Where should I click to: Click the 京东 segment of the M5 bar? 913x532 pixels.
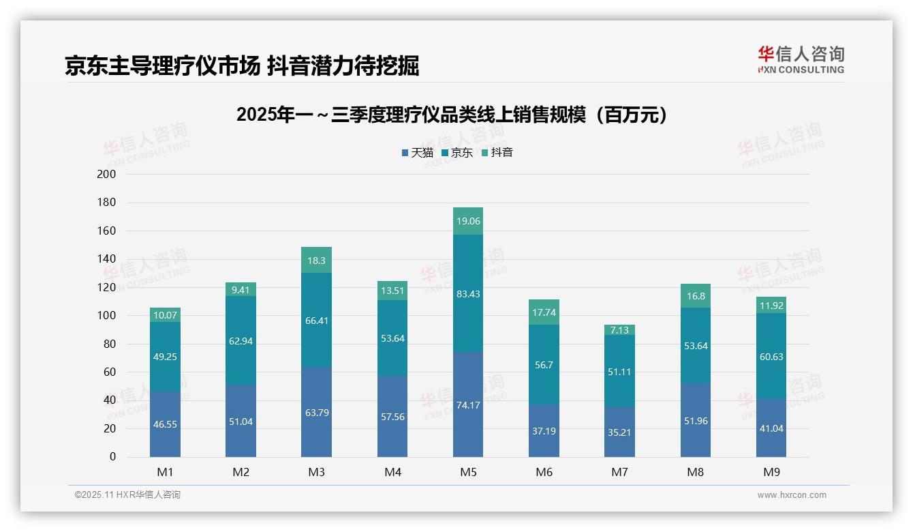coord(467,293)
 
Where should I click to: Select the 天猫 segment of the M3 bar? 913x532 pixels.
coord(316,412)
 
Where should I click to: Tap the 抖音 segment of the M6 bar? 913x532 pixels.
coord(544,312)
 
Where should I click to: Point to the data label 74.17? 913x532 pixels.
coord(467,405)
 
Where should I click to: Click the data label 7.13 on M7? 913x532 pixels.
coord(619,329)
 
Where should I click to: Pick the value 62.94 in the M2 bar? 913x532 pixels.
coord(241,341)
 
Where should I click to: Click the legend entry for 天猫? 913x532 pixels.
coord(417,153)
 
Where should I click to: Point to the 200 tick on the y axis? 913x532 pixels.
coord(107,175)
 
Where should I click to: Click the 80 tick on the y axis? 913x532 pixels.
coord(110,344)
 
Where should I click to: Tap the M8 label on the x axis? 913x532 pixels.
coord(695,472)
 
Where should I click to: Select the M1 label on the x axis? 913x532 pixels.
coord(165,472)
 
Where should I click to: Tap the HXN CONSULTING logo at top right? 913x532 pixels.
coord(801,60)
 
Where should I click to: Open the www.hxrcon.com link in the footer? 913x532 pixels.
coord(792,495)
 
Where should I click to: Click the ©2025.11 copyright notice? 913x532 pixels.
coord(127,495)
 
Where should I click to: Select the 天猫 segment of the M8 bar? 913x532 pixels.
coord(695,420)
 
